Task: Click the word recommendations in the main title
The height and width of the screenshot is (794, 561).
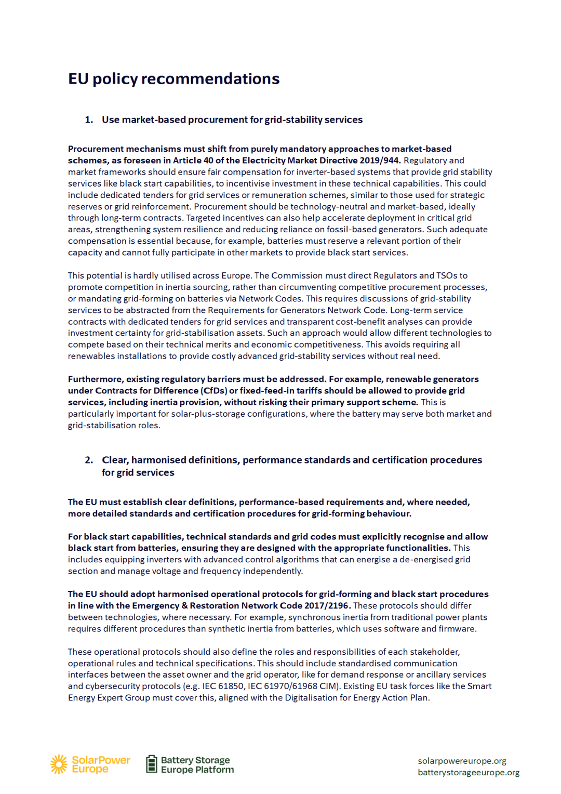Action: coord(210,78)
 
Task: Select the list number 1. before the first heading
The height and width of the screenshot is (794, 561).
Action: coord(89,120)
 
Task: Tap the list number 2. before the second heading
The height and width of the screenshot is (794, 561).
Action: coord(89,460)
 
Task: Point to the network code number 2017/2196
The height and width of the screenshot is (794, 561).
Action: coord(326,605)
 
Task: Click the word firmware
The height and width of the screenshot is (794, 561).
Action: coord(457,629)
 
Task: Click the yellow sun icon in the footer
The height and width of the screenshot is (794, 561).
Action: coord(59,764)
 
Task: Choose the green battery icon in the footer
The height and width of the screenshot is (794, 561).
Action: coord(151,764)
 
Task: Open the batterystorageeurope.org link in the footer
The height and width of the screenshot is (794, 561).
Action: coord(469,772)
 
